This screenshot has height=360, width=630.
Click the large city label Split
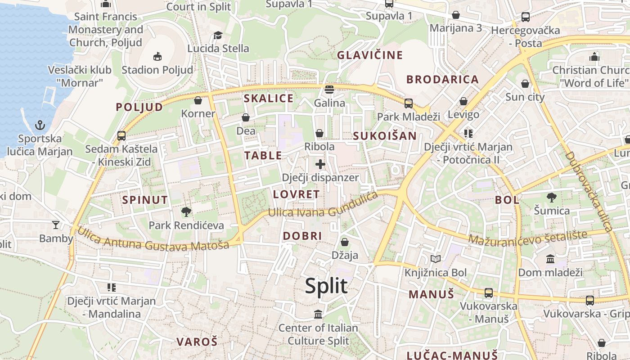point(326,286)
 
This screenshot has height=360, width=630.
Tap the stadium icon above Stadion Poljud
point(157,56)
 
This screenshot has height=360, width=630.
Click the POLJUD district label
point(139,107)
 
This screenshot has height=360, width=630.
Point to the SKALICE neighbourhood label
point(268,99)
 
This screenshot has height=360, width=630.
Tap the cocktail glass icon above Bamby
point(56,225)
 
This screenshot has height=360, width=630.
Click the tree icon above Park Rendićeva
point(186,211)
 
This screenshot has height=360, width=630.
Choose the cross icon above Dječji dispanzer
point(320,164)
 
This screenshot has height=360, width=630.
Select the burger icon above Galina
point(329,89)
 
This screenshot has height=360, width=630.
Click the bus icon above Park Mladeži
point(408,103)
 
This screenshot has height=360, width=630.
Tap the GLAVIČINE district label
point(370,55)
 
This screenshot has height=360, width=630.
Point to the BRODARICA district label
point(442,80)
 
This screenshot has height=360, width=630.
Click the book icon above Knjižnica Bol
point(435,259)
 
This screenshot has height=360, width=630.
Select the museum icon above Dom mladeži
point(550,259)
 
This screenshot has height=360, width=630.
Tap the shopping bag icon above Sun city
point(525,84)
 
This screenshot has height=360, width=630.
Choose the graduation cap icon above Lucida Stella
point(218,35)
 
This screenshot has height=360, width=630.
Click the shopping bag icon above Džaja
point(345,242)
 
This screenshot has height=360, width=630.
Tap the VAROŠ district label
point(197,342)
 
